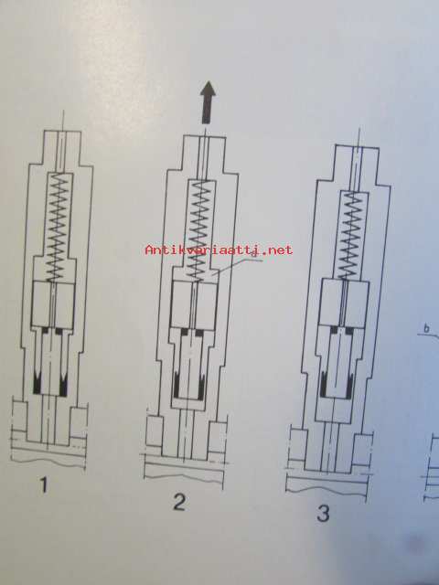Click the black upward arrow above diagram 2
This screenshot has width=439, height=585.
coord(209,102)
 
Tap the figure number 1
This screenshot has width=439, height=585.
coord(44,485)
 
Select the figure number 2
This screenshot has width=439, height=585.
coord(179,502)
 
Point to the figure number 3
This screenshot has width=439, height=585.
coord(323,513)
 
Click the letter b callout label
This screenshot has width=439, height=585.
coord(426,329)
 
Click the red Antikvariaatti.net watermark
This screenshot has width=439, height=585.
coord(219,250)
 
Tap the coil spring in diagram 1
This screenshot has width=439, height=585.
coord(59,229)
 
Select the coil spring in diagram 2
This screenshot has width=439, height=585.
coord(200,230)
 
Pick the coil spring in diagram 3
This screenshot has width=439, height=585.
coord(349,236)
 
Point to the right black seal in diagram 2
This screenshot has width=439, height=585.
coord(201,384)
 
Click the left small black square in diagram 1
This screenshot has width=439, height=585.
coord(47,331)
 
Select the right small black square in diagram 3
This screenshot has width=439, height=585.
coord(349,330)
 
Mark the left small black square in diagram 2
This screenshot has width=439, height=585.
coord(185,332)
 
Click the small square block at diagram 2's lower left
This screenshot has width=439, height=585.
coord(155,431)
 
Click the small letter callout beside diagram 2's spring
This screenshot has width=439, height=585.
coord(253,256)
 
